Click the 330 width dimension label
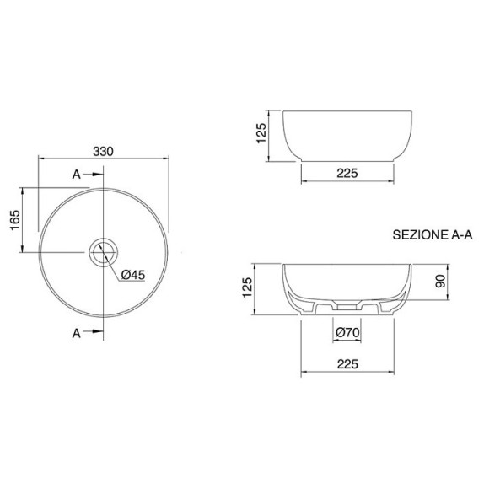(x=103, y=152)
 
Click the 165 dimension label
(x=15, y=220)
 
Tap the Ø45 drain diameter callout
(x=133, y=275)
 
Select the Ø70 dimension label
(x=347, y=332)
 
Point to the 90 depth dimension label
(x=441, y=282)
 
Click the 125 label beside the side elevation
(x=261, y=133)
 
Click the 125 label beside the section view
(x=247, y=287)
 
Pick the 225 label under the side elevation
(x=347, y=173)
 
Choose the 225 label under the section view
(x=347, y=364)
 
